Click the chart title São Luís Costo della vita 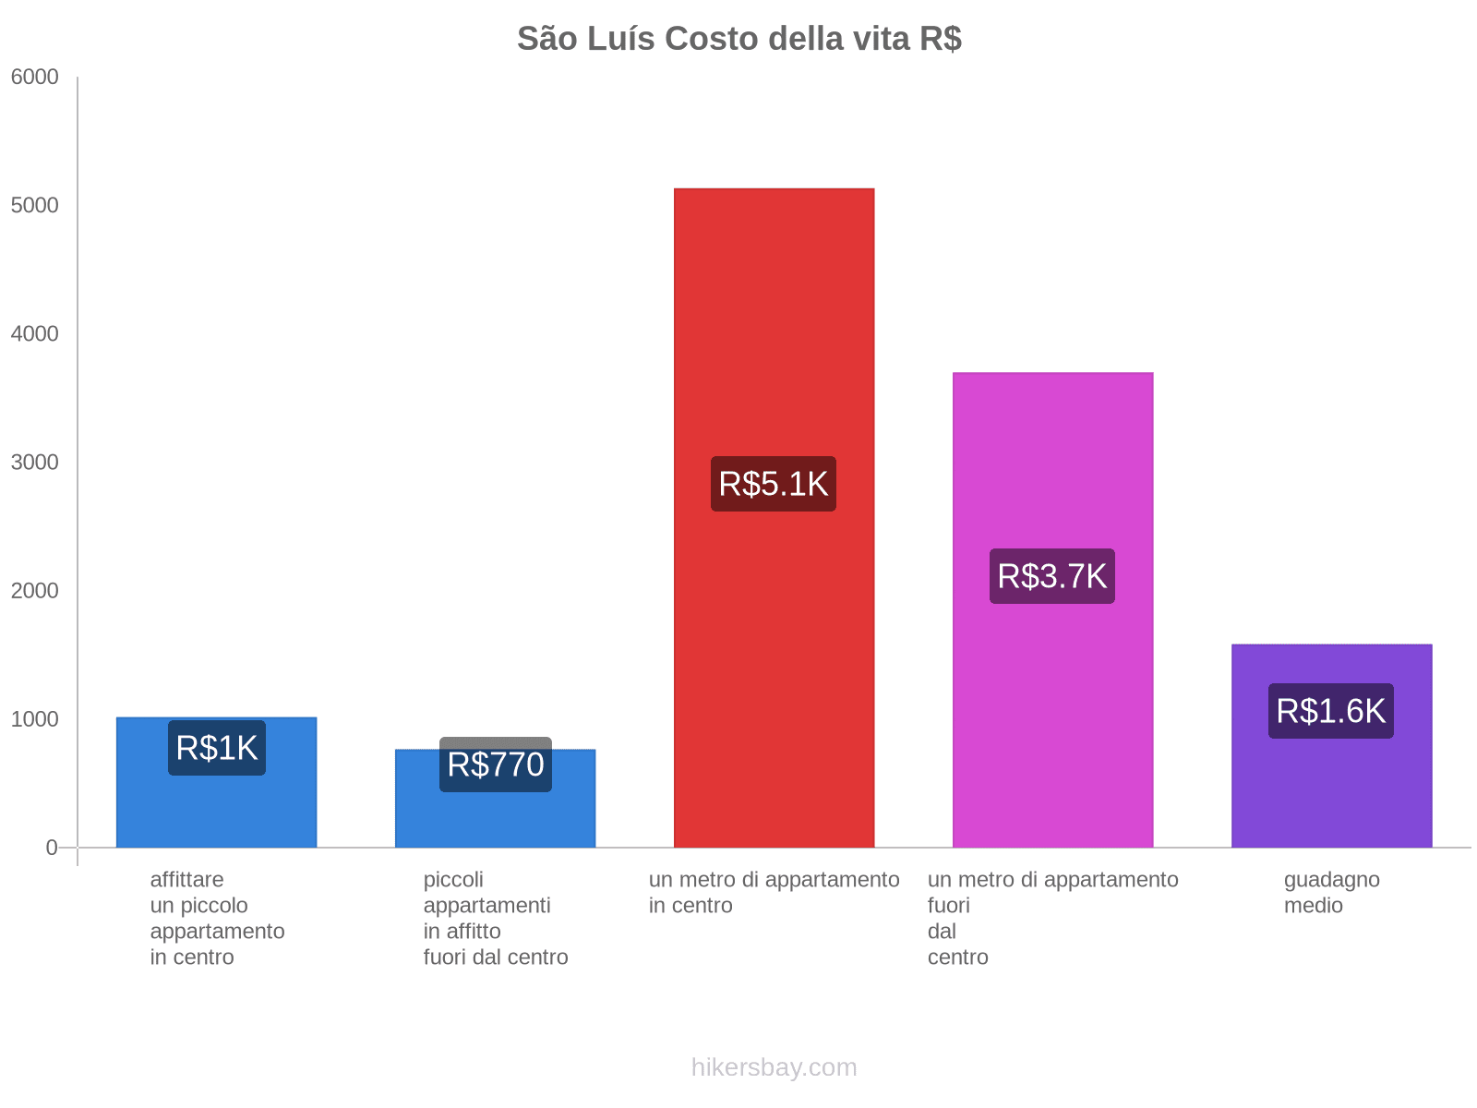pos(738,39)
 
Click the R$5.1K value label pos(774,484)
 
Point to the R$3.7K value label pos(1052,576)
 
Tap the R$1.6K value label pos(1331,711)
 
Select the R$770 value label pos(496,765)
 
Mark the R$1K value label pos(217,748)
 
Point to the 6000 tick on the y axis pos(35,78)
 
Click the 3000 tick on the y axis pos(35,463)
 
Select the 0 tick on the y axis pos(52,848)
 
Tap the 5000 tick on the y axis pos(35,206)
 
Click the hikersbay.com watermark pos(774,1067)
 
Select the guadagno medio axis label pos(1331,892)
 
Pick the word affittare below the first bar pos(186,880)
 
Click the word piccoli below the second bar pos(453,880)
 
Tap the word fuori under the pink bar pos(948,906)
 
